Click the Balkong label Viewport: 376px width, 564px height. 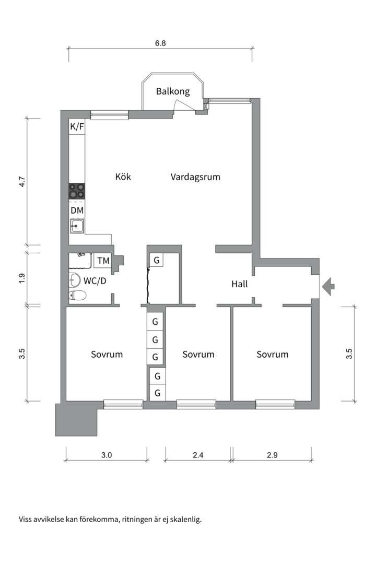coord(173,91)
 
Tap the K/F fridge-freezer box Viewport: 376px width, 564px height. coord(77,126)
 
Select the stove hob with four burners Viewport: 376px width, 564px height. coord(77,191)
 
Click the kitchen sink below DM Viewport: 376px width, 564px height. coord(77,226)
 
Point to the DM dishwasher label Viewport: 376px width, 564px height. coord(77,210)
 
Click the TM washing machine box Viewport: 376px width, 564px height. coord(103,261)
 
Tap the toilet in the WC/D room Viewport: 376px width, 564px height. coord(77,296)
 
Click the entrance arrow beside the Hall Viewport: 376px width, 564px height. coord(328,286)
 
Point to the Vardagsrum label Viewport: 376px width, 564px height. coord(195,177)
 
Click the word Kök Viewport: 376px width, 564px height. coord(123,177)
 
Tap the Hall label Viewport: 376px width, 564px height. coord(240,284)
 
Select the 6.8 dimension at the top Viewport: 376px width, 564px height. coord(160,43)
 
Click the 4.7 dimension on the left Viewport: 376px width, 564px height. coord(22,181)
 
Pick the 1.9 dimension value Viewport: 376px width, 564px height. coord(22,278)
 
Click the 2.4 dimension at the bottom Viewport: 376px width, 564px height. coord(198,455)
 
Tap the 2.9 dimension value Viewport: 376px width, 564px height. coord(273,455)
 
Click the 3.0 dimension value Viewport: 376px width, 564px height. coord(107,455)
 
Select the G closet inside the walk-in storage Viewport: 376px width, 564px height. coord(157,260)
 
